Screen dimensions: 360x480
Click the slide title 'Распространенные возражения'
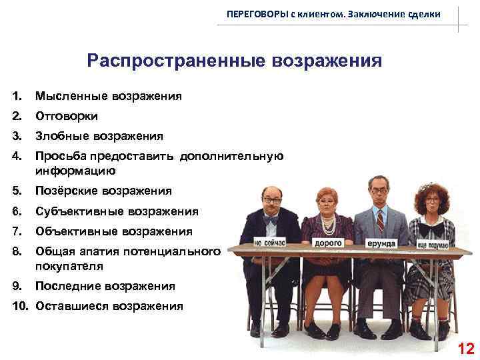click(x=234, y=61)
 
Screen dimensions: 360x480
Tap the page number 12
click(x=466, y=348)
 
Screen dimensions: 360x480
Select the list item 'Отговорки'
click(x=67, y=116)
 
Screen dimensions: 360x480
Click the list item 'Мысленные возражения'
click(x=108, y=96)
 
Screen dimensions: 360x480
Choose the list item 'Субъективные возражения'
click(x=117, y=211)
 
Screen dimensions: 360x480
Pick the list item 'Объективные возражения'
click(x=113, y=231)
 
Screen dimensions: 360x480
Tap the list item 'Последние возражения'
click(x=105, y=286)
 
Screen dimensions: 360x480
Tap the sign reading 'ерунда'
click(x=381, y=244)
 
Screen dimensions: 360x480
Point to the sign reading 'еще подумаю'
click(x=433, y=244)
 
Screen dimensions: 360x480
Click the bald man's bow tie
click(x=271, y=218)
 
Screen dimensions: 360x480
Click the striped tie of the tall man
click(x=380, y=220)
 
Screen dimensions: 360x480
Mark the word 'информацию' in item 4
click(x=67, y=170)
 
